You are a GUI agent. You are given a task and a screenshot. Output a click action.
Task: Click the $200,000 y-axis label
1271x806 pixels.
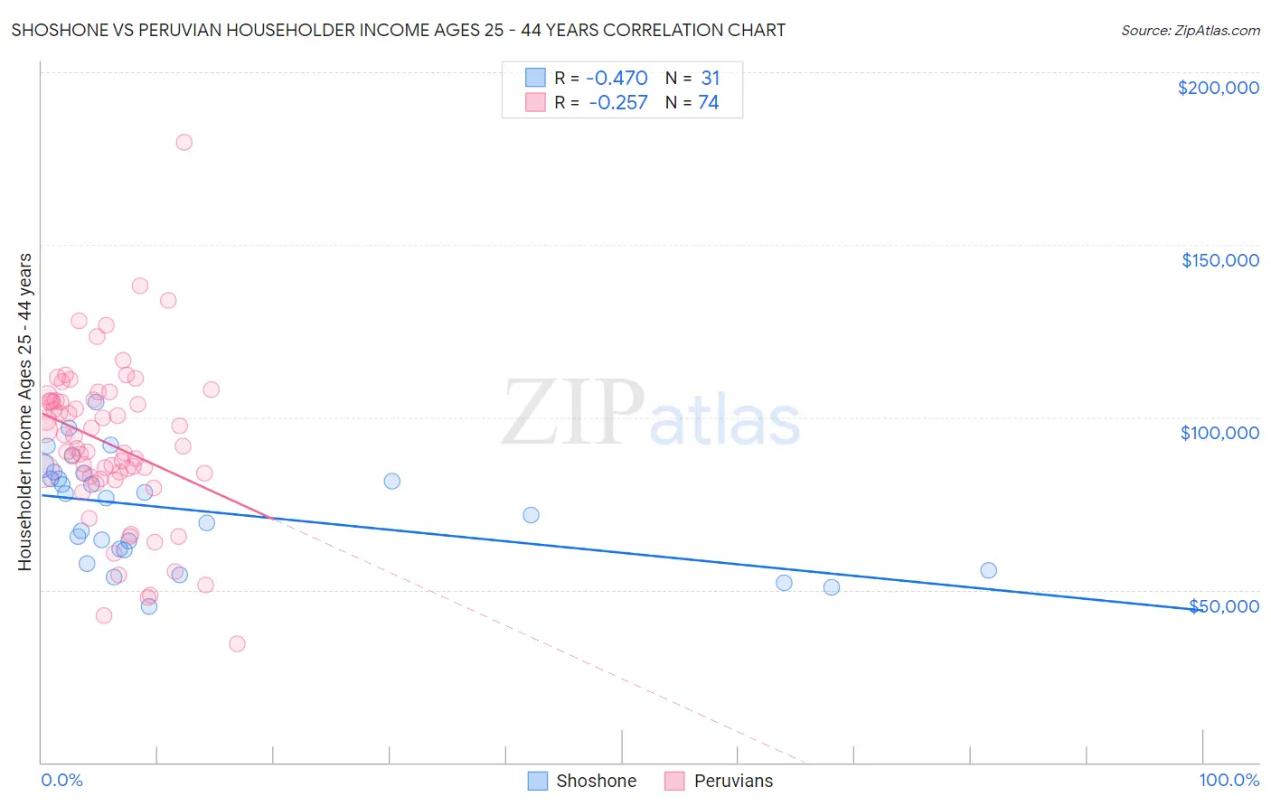click(1218, 88)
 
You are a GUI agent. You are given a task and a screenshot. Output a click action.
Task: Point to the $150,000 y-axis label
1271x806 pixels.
click(1219, 260)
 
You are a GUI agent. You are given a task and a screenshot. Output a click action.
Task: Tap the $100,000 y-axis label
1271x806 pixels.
click(1219, 433)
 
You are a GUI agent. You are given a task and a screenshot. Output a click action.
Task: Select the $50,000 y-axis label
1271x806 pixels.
click(1223, 605)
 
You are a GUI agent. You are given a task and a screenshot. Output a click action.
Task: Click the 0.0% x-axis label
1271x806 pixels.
click(61, 781)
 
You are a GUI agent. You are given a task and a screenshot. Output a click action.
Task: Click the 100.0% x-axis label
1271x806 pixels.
click(1229, 781)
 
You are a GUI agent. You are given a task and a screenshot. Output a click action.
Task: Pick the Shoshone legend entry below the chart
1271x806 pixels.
click(583, 781)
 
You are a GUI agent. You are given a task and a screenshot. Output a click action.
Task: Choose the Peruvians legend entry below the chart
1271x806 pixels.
click(720, 781)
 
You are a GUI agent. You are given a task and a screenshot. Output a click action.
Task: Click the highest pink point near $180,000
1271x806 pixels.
click(184, 142)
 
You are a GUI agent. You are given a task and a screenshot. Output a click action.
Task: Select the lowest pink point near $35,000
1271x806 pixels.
click(237, 644)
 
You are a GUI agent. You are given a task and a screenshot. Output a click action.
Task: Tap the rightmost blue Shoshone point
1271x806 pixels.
click(988, 570)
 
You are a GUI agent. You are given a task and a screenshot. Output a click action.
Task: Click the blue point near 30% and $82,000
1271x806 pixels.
click(391, 481)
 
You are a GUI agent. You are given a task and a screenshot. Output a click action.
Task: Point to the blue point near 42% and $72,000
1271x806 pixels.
click(531, 515)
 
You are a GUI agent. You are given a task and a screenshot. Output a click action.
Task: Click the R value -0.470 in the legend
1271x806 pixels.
click(617, 78)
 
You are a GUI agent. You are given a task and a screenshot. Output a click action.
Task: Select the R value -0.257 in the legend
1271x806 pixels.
click(617, 103)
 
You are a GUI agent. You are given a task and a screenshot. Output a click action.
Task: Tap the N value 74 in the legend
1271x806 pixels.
click(709, 103)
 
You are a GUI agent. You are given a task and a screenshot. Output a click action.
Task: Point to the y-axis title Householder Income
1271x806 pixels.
click(24, 412)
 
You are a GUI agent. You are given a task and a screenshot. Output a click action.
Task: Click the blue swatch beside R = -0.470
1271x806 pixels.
click(535, 78)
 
